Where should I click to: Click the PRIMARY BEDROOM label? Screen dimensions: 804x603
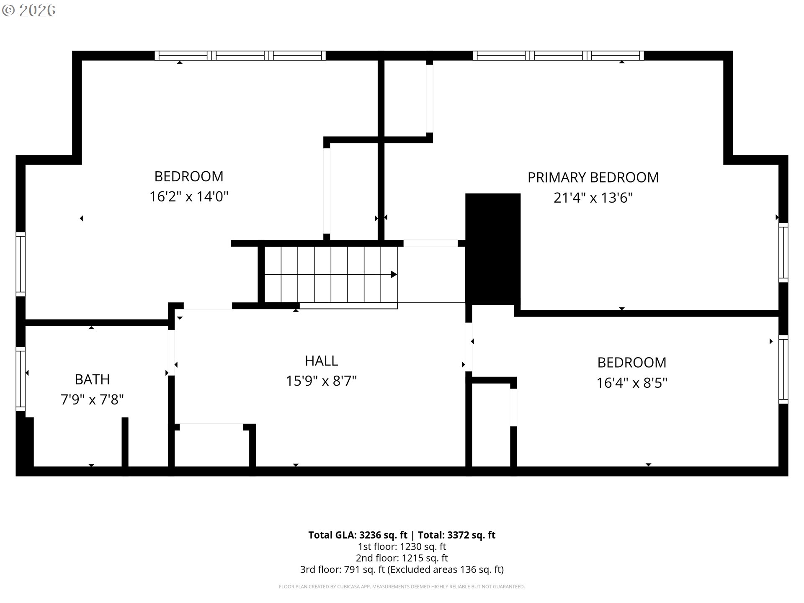(x=593, y=178)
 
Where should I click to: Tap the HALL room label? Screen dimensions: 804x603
(x=321, y=361)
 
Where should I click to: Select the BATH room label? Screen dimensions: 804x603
(x=92, y=379)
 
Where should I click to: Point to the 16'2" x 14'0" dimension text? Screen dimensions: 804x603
(x=189, y=196)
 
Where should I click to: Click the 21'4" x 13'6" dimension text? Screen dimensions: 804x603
(x=593, y=198)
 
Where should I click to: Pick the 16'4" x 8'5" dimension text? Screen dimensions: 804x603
(x=631, y=383)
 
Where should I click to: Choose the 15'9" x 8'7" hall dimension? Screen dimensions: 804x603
(x=321, y=381)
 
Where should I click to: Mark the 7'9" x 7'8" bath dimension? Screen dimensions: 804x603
(x=92, y=400)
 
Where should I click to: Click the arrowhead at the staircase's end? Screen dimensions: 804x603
(x=394, y=274)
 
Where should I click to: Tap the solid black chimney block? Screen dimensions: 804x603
(x=493, y=249)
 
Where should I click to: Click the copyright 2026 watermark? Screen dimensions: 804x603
(x=29, y=10)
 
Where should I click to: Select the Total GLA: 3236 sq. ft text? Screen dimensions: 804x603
(x=358, y=535)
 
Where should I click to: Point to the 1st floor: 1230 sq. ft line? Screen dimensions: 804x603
(x=402, y=546)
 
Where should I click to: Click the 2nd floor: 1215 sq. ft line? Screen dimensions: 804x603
(x=402, y=558)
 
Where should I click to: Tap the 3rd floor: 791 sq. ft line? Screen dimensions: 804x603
(x=402, y=569)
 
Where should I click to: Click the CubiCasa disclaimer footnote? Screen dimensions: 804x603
(x=402, y=587)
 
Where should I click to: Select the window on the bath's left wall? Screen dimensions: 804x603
(x=21, y=379)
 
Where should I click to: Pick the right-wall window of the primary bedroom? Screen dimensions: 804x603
(x=783, y=253)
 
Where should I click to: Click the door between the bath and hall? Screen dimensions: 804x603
(x=171, y=353)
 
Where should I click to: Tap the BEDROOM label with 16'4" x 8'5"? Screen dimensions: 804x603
(x=631, y=363)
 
